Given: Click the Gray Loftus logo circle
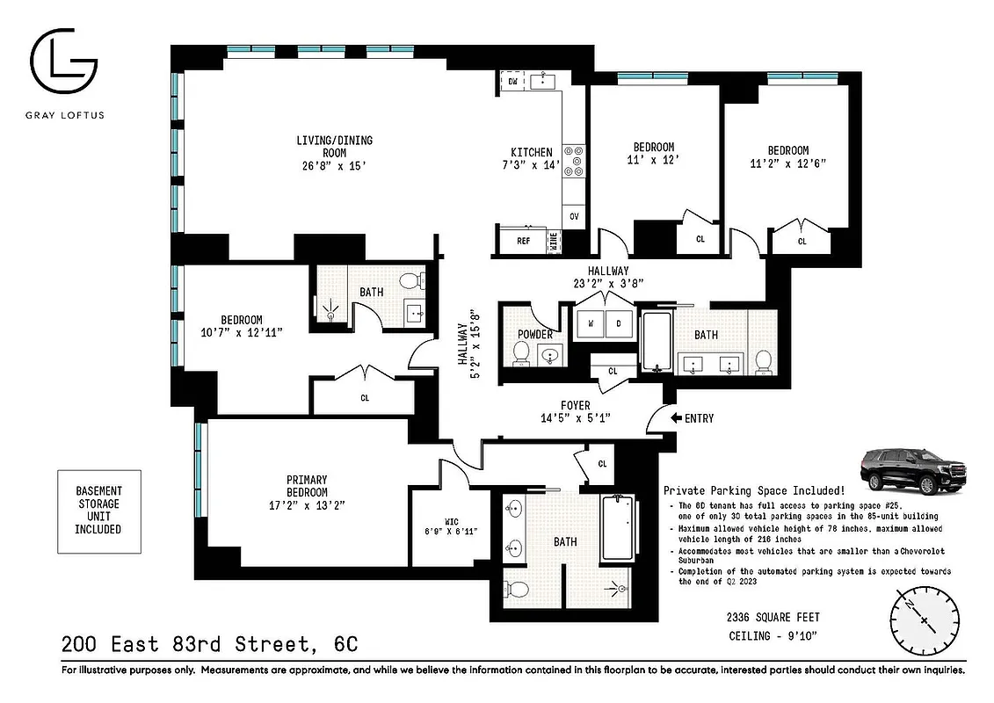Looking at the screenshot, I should tap(63, 62).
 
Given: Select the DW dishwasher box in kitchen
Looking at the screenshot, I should tap(513, 82).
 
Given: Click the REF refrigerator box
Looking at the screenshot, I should tap(523, 240).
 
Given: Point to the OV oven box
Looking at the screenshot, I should tap(575, 214).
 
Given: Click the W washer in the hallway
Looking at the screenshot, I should tap(590, 323).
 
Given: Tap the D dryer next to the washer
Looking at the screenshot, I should tap(619, 323).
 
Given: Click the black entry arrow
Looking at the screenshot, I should tap(676, 418).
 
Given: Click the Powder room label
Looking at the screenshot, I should tap(535, 335).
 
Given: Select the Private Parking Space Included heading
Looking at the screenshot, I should tap(754, 490).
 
